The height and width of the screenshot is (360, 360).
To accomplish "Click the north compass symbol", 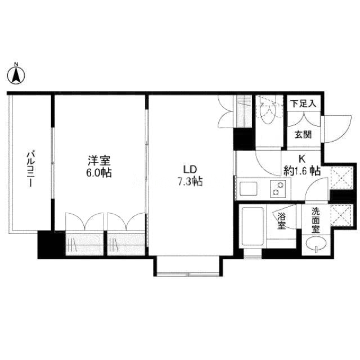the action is click(16, 74).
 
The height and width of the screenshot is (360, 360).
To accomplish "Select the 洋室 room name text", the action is click(99, 161).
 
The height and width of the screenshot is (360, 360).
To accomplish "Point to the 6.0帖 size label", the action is click(99, 173).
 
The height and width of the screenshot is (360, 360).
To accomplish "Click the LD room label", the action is click(190, 170).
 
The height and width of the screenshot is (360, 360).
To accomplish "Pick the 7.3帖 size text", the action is click(190, 181).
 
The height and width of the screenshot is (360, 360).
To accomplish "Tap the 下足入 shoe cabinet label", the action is click(303, 104).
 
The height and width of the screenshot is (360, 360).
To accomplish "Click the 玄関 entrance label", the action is click(303, 135).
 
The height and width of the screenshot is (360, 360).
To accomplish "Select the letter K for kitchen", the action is click(302, 159).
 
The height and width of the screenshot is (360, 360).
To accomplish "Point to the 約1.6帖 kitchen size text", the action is click(302, 171).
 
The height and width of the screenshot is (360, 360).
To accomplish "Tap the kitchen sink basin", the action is click(249, 188).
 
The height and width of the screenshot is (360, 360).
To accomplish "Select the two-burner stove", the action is click(278, 189).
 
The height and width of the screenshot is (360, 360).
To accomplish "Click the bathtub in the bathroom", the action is click(253, 226).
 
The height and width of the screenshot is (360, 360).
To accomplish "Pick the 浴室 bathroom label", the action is click(282, 221).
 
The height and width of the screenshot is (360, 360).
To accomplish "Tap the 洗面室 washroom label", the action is click(316, 220).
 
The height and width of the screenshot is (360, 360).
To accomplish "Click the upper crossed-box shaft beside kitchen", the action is click(341, 178).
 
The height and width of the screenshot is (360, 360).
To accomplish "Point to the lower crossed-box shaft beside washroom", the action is click(341, 215).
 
